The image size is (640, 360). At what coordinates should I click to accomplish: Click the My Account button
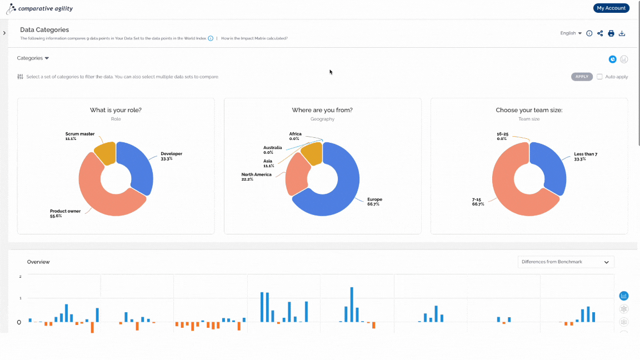(611, 8)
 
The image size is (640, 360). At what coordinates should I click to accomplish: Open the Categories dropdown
(33, 58)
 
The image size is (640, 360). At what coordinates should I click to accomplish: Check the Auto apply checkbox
(599, 77)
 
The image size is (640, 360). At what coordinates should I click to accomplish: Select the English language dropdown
(571, 33)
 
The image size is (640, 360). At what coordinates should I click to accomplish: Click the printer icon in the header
(611, 33)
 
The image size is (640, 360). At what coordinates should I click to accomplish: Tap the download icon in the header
(622, 33)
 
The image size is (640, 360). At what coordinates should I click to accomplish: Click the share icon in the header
(600, 33)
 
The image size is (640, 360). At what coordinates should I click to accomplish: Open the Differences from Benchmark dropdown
(566, 262)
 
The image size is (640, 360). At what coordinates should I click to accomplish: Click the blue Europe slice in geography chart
(343, 192)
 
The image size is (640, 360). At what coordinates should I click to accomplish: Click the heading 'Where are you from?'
(322, 110)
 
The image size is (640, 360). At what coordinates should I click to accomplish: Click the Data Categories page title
(44, 30)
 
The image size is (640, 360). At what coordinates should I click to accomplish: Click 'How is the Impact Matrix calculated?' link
(254, 38)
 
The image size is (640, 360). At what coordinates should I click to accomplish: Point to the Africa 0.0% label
(295, 136)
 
